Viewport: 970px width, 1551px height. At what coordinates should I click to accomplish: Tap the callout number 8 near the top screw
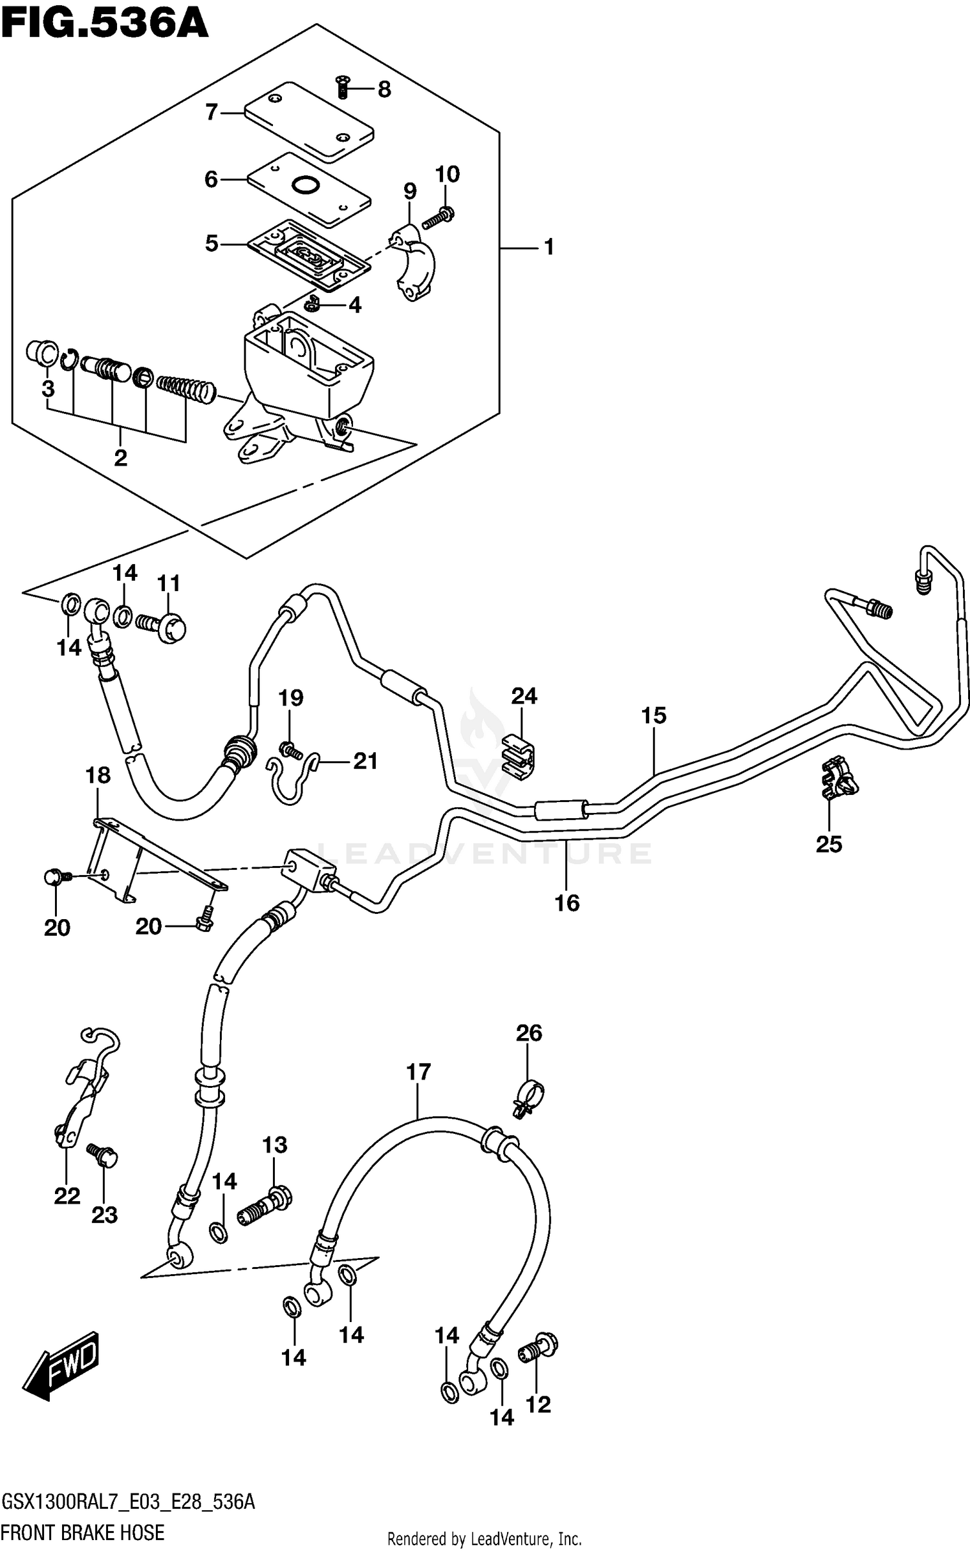click(384, 89)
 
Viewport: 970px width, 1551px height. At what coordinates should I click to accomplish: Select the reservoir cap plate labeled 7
click(309, 122)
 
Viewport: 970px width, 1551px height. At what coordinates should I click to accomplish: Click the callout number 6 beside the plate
click(211, 179)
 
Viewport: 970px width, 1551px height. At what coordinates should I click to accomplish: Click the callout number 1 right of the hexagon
click(548, 247)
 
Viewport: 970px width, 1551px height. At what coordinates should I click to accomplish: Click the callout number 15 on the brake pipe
click(654, 716)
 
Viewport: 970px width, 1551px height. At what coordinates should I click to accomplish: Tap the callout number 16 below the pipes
click(567, 903)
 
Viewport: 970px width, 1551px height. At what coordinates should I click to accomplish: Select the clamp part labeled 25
click(837, 781)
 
